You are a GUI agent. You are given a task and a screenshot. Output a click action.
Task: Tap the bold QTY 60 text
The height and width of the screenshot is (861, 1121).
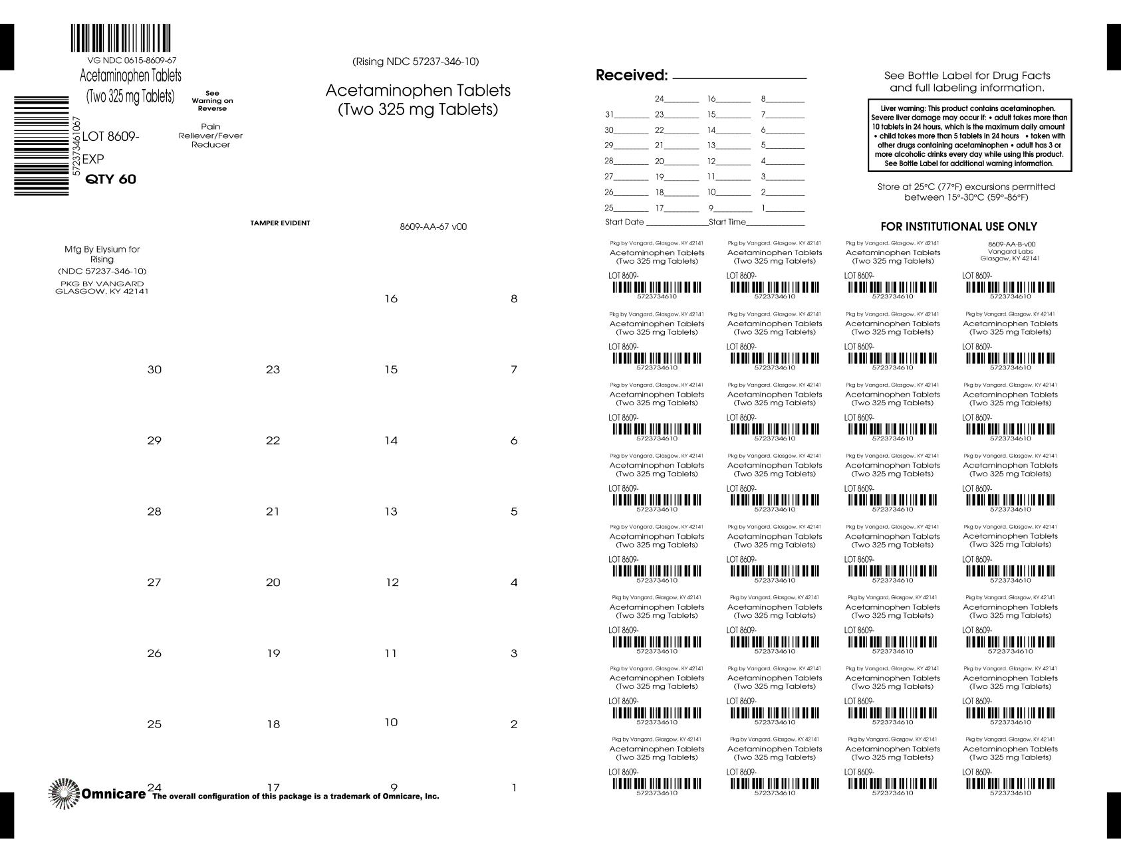(x=111, y=179)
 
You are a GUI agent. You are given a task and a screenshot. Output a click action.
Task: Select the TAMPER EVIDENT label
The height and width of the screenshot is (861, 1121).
(x=280, y=223)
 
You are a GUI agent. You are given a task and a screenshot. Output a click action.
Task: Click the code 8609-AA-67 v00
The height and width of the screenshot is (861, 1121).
(x=433, y=227)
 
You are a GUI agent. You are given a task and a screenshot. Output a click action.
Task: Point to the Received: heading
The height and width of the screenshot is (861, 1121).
(x=631, y=75)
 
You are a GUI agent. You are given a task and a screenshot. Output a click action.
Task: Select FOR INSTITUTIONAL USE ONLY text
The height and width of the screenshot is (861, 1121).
(x=959, y=227)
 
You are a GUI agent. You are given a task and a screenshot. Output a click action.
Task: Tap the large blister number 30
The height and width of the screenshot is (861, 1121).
(x=154, y=369)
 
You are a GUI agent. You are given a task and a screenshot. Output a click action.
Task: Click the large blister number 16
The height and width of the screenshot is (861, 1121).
(x=391, y=299)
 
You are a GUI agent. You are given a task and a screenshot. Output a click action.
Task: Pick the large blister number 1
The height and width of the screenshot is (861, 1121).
(x=514, y=788)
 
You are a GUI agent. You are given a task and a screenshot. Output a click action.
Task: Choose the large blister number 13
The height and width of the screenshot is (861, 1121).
(x=391, y=512)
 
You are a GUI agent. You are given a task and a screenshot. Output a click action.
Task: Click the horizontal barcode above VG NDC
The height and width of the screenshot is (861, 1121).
(x=120, y=39)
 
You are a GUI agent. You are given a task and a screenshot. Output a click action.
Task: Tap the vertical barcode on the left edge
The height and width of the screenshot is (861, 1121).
(x=41, y=145)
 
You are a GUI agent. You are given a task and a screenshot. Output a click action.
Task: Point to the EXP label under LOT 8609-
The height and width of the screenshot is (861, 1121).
(x=93, y=159)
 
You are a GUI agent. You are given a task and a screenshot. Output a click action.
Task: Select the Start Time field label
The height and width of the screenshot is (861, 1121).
(x=727, y=222)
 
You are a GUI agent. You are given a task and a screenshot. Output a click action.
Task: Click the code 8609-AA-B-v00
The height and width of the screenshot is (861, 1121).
(x=1011, y=244)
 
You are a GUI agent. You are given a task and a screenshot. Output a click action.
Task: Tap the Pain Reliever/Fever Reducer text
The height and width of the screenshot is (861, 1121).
(x=211, y=136)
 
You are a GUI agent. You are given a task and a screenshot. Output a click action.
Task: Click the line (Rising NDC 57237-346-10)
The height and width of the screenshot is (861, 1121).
(x=416, y=62)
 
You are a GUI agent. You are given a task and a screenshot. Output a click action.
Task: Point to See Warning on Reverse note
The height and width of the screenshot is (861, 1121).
(x=212, y=100)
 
